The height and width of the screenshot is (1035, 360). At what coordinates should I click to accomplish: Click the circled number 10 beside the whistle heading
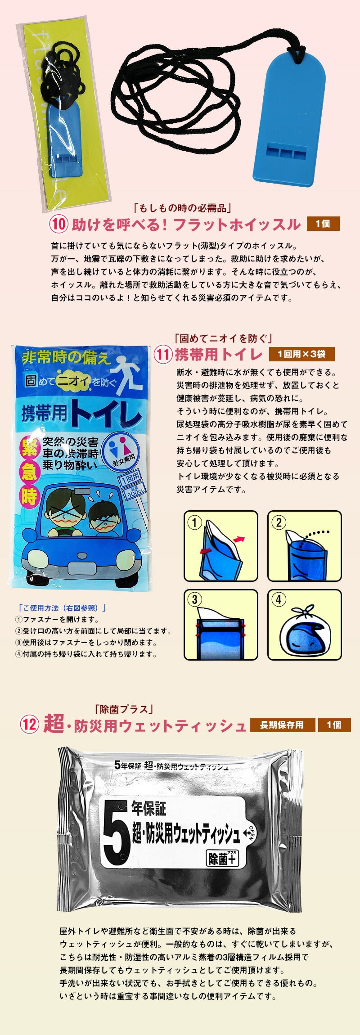click(58, 224)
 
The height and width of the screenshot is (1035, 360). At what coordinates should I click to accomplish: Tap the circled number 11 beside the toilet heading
click(163, 354)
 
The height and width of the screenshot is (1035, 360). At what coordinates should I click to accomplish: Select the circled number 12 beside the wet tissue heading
click(29, 724)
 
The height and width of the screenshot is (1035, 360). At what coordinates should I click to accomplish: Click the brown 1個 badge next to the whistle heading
click(323, 224)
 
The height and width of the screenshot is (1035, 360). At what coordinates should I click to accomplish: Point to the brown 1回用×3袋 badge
click(301, 354)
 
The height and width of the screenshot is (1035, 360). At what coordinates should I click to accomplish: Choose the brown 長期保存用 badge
click(282, 725)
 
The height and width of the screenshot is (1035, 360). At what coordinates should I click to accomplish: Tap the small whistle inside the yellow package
click(66, 139)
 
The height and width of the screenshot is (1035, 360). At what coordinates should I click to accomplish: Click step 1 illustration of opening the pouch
click(221, 546)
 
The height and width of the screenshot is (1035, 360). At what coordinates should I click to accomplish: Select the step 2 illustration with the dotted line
click(305, 546)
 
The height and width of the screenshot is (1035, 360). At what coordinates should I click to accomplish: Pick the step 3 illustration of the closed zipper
click(221, 625)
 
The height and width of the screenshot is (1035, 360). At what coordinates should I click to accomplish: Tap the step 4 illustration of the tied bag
click(305, 625)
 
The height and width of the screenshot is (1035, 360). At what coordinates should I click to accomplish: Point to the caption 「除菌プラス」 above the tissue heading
click(124, 709)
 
